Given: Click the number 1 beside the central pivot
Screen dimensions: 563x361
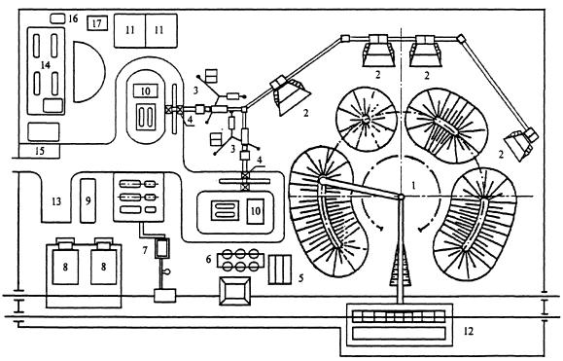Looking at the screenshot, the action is coord(413,185).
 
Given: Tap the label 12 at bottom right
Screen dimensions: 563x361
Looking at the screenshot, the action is coord(469,331).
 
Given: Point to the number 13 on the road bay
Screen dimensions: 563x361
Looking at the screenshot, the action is coord(56,201).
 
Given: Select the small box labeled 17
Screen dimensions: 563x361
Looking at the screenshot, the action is coord(97,23).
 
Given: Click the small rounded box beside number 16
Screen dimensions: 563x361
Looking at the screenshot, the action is coord(57,18).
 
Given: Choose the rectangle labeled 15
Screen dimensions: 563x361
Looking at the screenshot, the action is coord(40,151).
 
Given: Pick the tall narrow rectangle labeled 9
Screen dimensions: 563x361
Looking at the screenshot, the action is coord(88,200).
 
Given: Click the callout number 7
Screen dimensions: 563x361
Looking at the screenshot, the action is coord(145,250).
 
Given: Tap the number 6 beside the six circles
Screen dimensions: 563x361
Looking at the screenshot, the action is coord(209,259).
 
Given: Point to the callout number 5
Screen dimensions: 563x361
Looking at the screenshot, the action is coord(300,277).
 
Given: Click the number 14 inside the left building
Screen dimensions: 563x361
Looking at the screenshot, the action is coord(46,65).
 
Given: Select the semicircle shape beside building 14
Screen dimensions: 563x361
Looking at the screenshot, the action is coord(89,71).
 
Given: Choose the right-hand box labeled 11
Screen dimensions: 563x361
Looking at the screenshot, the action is coord(161,31).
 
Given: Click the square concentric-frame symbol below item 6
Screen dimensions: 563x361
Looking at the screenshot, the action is coord(234,291).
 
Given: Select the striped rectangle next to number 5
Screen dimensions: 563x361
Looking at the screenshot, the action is coord(280,270).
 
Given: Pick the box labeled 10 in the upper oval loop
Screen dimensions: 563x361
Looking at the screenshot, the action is coord(146,90).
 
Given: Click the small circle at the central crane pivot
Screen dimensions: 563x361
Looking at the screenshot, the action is coord(401,197).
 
